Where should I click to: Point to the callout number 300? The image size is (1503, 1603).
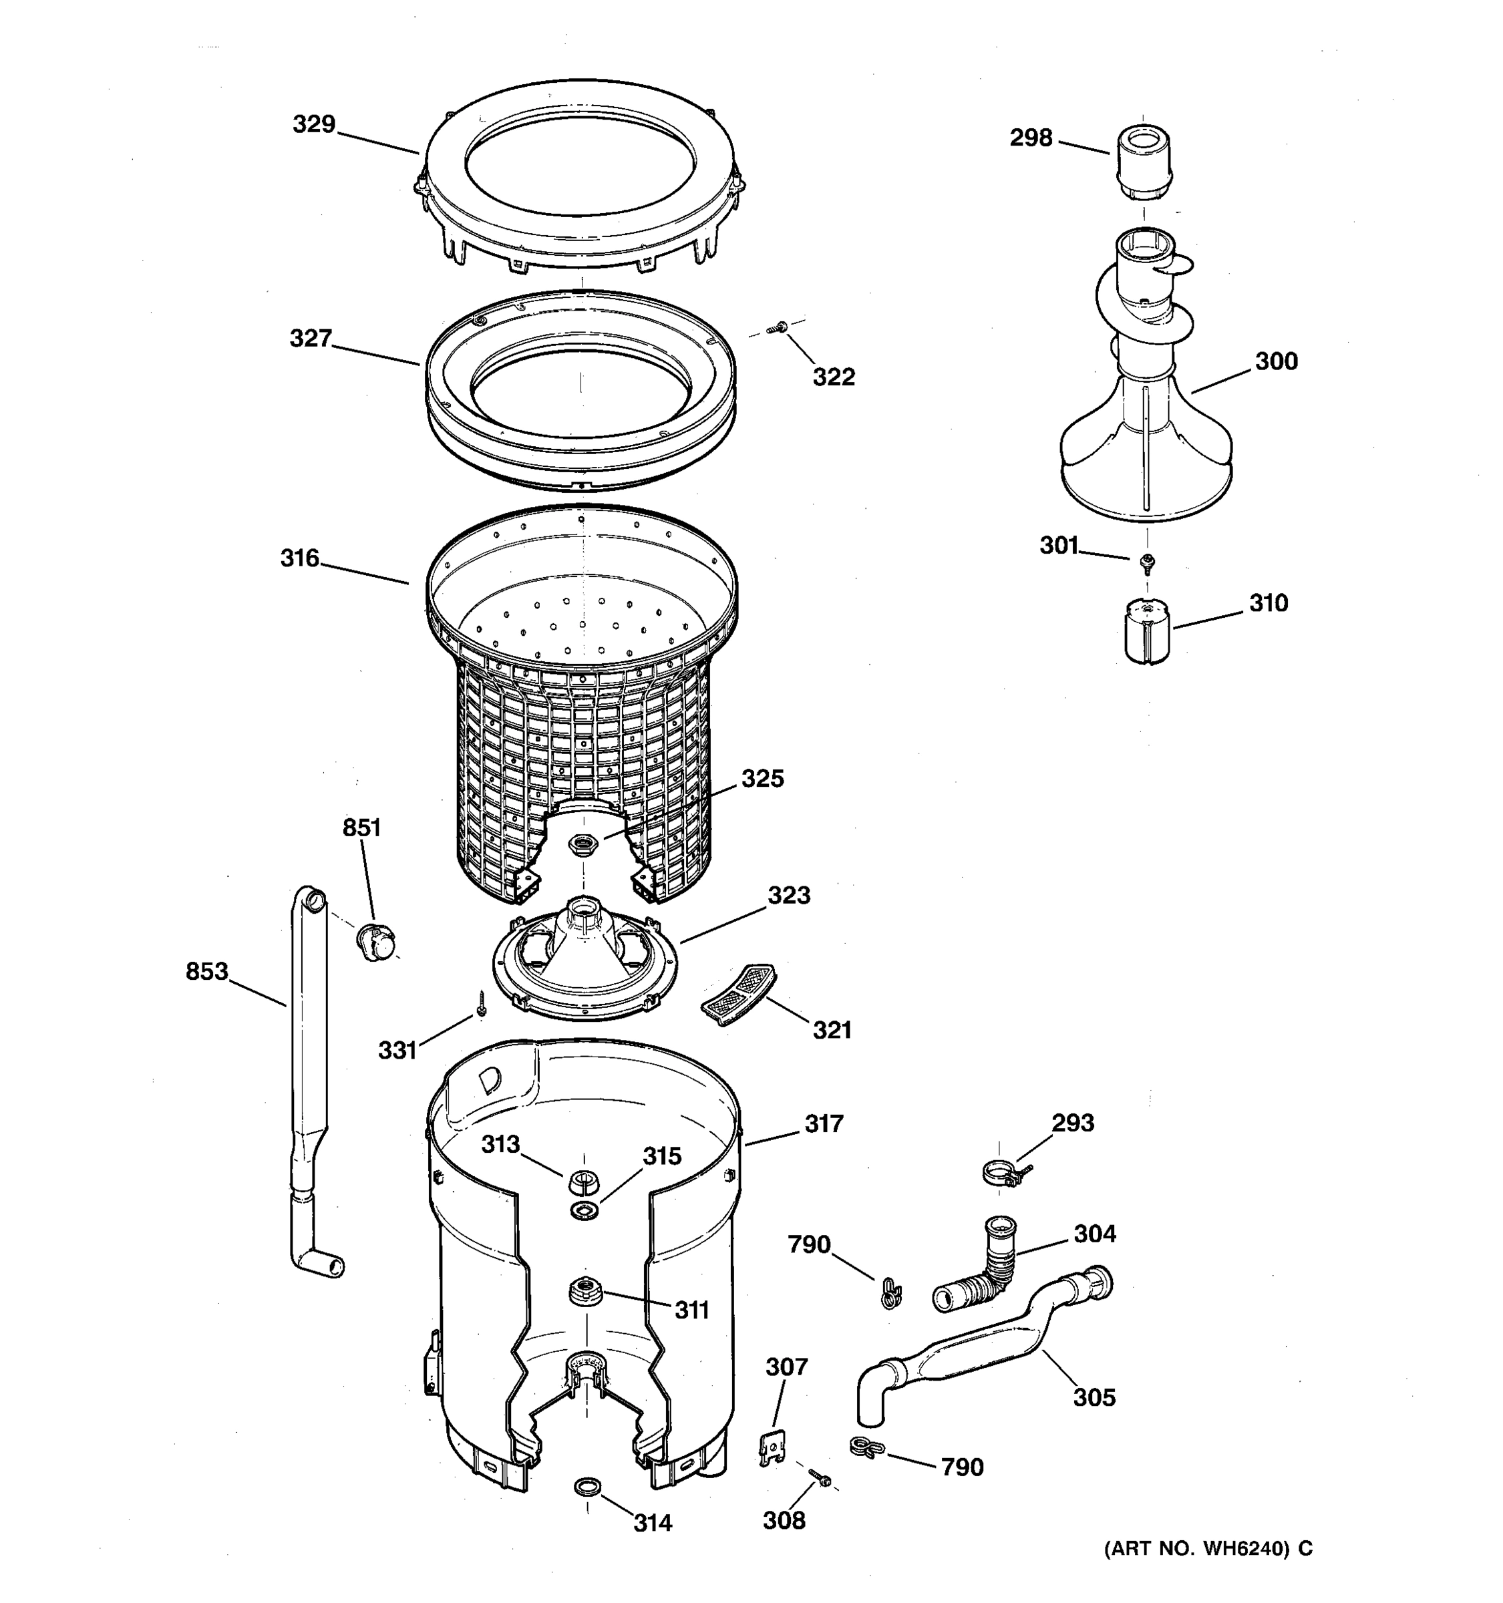pos(1276,361)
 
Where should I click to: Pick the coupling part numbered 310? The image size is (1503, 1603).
pos(1148,631)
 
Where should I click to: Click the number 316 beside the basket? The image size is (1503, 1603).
pos(300,558)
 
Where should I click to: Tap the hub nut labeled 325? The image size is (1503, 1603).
pos(580,845)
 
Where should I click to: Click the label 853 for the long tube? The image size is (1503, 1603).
pos(207,972)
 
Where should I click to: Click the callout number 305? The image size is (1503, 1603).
pos(1094,1397)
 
